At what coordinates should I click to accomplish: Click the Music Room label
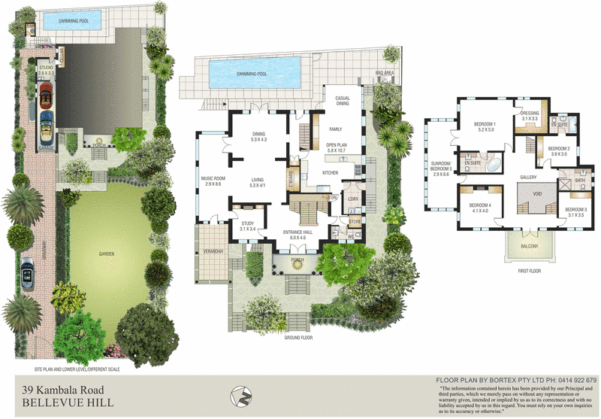click(213, 178)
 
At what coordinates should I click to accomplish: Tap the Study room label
click(248, 223)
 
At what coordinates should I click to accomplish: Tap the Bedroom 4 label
click(479, 205)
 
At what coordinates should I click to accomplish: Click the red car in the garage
click(46, 94)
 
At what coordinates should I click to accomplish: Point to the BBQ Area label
click(384, 74)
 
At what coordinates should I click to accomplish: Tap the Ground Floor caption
click(297, 339)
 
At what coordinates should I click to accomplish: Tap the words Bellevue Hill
click(68, 403)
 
